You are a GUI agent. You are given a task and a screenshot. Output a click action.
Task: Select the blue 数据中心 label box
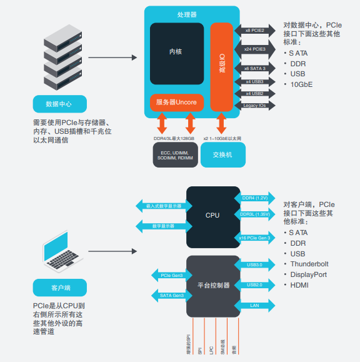60,104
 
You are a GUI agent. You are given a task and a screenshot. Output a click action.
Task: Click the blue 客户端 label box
60,288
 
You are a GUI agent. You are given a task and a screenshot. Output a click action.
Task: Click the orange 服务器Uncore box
176,101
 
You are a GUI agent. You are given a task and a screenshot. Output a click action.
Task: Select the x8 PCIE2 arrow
254,29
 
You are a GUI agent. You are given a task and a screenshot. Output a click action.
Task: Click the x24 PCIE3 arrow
254,48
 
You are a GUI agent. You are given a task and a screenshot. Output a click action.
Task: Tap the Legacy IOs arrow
254,106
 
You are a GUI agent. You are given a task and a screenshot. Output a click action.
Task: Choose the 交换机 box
222,154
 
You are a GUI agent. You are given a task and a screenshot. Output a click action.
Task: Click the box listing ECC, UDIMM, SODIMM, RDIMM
176,154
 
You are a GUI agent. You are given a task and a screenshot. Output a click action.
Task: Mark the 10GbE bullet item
301,84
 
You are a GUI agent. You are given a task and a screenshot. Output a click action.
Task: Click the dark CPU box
212,215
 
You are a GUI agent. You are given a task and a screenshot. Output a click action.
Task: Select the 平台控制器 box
212,285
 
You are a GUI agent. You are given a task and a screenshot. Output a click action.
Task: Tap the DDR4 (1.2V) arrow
254,198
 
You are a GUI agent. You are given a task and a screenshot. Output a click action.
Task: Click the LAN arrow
254,305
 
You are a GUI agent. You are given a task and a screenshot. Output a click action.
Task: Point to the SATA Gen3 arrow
171,295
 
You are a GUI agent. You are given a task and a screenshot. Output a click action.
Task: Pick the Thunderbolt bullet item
309,264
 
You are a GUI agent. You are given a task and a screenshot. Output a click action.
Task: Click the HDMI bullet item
299,285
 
